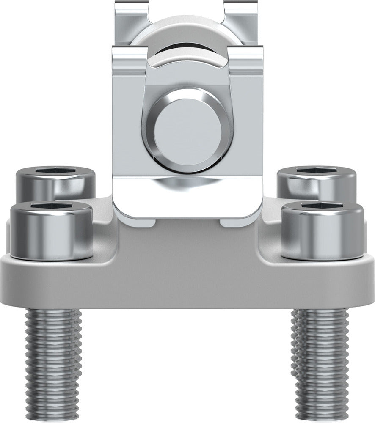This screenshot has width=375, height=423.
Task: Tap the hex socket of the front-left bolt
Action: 50,206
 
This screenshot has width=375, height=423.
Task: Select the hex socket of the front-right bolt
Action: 323,206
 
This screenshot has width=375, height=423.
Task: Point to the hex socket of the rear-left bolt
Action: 55,170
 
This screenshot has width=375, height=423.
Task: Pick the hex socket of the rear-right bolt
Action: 316,170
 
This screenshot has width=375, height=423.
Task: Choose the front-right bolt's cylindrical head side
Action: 323,233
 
